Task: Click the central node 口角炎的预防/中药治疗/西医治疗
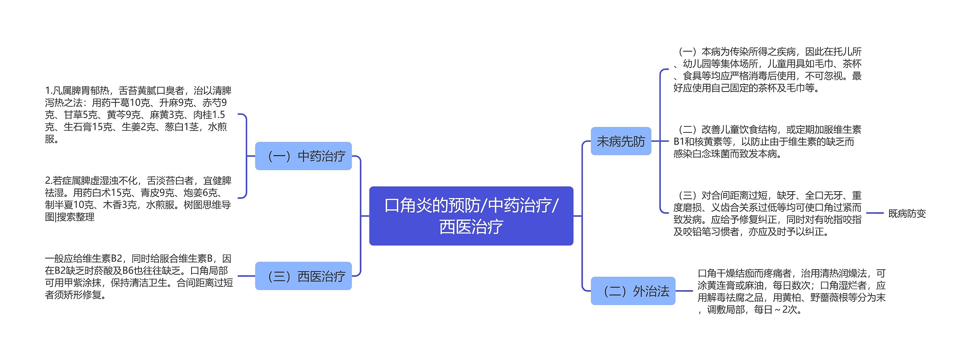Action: (x=471, y=216)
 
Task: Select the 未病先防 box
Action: (x=621, y=141)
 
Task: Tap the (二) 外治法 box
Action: (x=633, y=291)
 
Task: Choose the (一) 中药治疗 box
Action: (x=303, y=156)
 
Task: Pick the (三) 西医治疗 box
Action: (x=303, y=276)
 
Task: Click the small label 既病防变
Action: (x=907, y=214)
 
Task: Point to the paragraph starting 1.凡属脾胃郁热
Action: (x=138, y=115)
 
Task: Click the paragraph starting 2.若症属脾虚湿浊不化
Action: (x=138, y=198)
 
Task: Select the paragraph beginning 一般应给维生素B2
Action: (x=139, y=277)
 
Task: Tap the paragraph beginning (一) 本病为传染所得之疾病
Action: (x=767, y=70)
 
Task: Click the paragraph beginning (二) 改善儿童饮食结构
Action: (x=767, y=141)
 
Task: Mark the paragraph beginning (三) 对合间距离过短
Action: (x=767, y=214)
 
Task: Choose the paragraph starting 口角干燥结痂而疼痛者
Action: (x=791, y=291)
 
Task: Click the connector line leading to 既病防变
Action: (x=875, y=213)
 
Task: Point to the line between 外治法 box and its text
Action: (x=684, y=291)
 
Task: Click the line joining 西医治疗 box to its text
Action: (x=246, y=276)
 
